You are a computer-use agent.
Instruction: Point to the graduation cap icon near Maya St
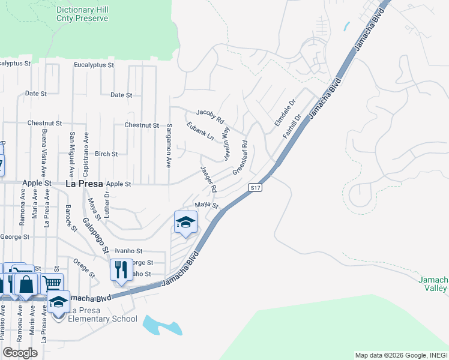(x=185, y=223)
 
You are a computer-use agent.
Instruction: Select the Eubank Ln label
(x=200, y=131)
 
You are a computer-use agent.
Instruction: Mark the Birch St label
(x=106, y=154)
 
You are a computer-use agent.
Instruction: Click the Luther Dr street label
(x=108, y=203)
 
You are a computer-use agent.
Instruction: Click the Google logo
(x=20, y=353)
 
